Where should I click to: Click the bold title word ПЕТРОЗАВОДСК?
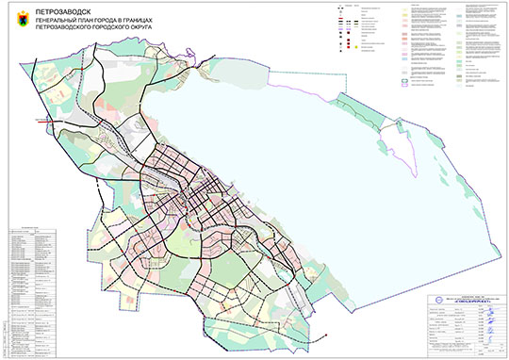[x=60, y=9]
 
